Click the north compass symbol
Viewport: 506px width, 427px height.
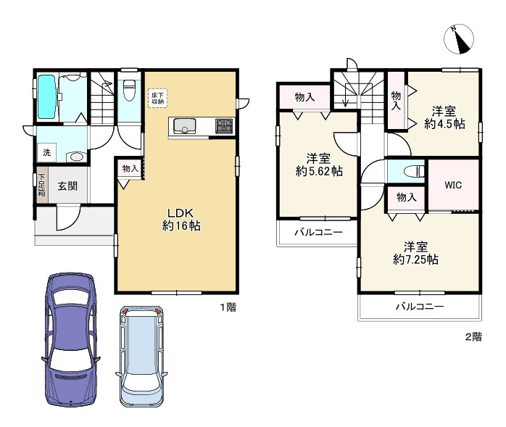click(459, 38)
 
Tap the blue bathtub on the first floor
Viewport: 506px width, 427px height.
click(47, 97)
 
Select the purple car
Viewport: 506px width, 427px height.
click(71, 339)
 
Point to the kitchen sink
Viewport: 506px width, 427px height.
click(185, 126)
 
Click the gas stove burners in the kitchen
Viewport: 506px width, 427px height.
click(224, 126)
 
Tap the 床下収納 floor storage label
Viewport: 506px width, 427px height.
click(158, 99)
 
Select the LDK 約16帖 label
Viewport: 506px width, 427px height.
click(181, 220)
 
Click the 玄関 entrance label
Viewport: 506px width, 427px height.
click(67, 186)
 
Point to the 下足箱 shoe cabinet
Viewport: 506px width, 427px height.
click(42, 185)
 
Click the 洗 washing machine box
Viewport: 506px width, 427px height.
click(47, 152)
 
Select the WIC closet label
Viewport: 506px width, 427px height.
click(453, 185)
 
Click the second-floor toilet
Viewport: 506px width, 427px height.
click(415, 171)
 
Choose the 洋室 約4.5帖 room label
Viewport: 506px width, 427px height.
click(444, 117)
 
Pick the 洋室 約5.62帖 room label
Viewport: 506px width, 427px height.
click(319, 165)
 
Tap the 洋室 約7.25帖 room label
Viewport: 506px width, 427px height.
click(415, 253)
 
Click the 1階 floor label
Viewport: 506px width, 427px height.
click(228, 307)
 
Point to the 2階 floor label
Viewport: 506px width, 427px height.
click(473, 337)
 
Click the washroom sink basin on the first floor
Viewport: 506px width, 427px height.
click(77, 157)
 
